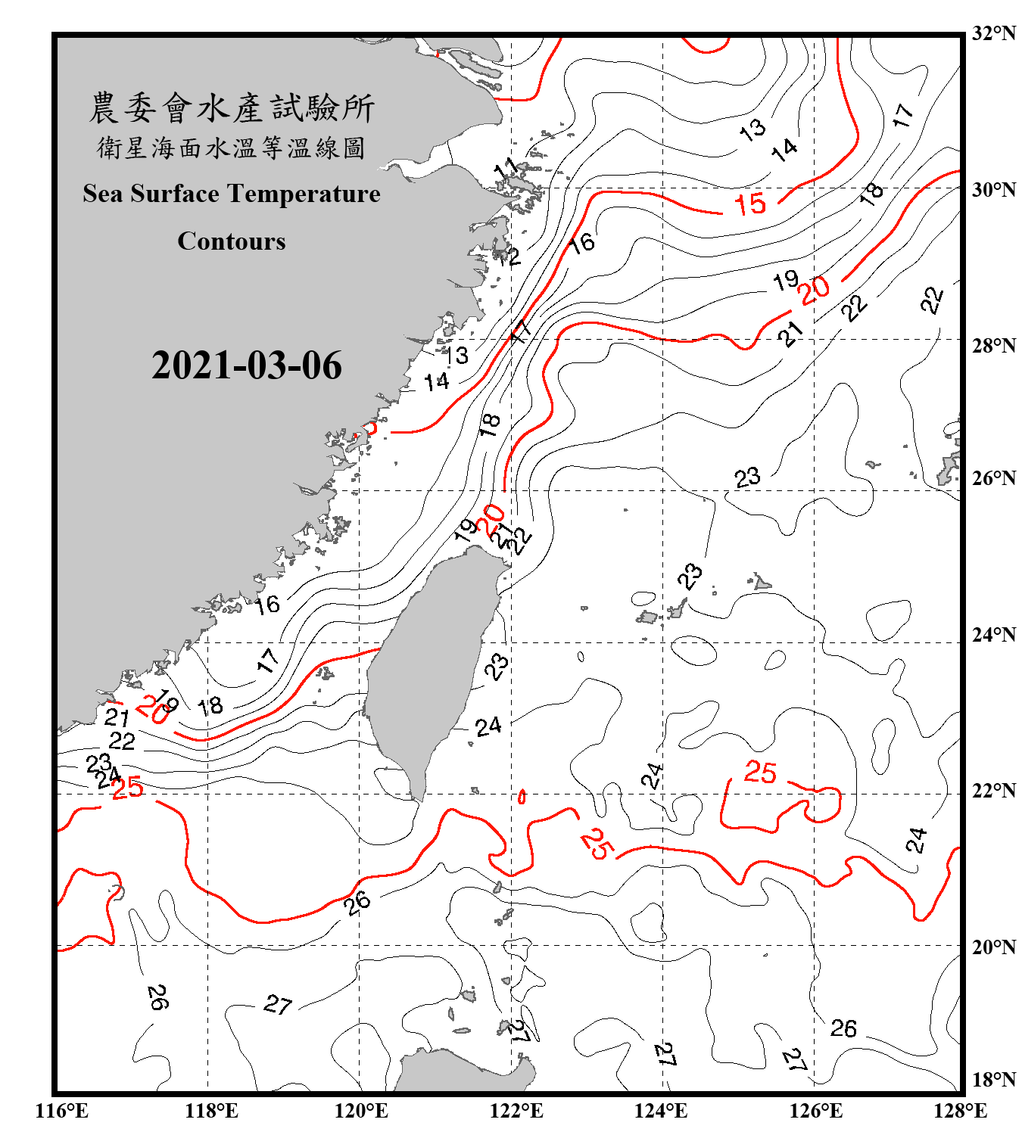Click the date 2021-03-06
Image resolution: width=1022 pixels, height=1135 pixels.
pyautogui.click(x=247, y=365)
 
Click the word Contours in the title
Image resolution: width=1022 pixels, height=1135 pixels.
pyautogui.click(x=232, y=241)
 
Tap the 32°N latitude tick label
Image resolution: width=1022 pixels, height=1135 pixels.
pyautogui.click(x=993, y=33)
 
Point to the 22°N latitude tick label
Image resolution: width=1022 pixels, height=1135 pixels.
pyautogui.click(x=993, y=791)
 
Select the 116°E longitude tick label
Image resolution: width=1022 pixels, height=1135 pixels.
pyautogui.click(x=62, y=1111)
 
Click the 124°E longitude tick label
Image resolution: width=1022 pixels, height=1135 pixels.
pyautogui.click(x=661, y=1111)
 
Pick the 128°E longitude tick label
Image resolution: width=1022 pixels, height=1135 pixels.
pyautogui.click(x=960, y=1111)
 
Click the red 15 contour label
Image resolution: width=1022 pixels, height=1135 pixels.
pyautogui.click(x=749, y=204)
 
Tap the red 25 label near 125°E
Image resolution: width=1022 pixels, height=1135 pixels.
pyautogui.click(x=760, y=771)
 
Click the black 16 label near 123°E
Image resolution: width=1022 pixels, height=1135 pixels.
pyautogui.click(x=581, y=243)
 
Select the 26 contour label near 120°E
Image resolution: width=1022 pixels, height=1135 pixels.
pyautogui.click(x=357, y=901)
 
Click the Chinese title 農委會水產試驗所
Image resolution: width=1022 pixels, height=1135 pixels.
pyautogui.click(x=232, y=108)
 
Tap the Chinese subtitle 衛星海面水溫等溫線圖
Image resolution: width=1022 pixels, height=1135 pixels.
pyautogui.click(x=232, y=148)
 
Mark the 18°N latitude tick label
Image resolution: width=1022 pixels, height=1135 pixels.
pyautogui.click(x=993, y=1080)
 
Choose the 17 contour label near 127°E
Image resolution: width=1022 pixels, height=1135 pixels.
pyautogui.click(x=902, y=115)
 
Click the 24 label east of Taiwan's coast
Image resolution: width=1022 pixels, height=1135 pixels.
pyautogui.click(x=488, y=726)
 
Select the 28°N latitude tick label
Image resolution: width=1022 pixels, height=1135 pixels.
pyautogui.click(x=993, y=346)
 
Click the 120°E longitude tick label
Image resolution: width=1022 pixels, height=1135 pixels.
pyautogui.click(x=361, y=1111)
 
